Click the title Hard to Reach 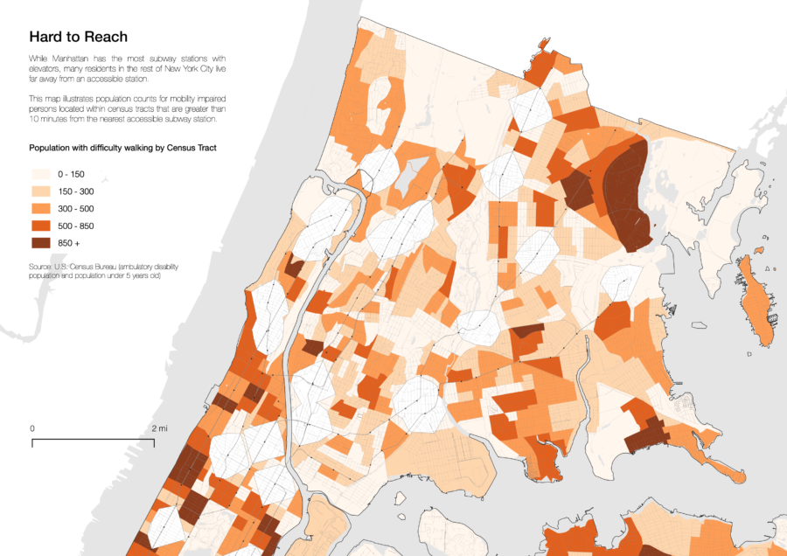click(78, 37)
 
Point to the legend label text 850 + click(77, 242)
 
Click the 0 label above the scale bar click(32, 428)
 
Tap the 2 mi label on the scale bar click(159, 428)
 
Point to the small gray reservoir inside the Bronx click(407, 179)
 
